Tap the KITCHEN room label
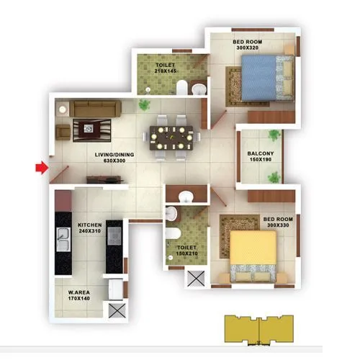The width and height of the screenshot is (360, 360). point(89,225)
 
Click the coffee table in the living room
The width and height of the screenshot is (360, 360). point(89,127)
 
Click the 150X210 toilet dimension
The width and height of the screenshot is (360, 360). point(187,254)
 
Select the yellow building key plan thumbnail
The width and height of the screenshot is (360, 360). point(260,328)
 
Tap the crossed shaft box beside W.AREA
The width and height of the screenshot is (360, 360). point(115,310)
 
